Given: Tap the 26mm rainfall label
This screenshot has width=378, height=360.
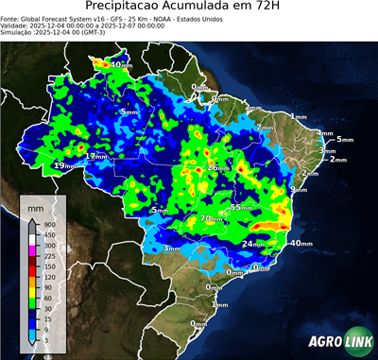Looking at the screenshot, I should coord(216,167).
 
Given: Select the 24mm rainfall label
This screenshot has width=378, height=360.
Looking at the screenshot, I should coord(251,244).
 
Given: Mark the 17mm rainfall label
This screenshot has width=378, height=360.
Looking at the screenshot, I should coord(95,156).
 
